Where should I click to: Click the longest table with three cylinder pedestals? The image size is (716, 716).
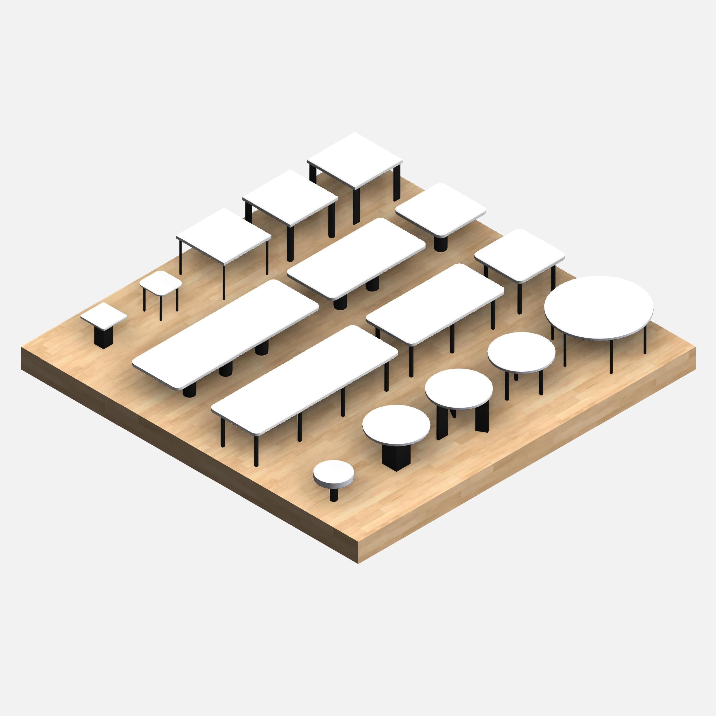[225, 334]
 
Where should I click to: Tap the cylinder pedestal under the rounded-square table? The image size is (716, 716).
[440, 243]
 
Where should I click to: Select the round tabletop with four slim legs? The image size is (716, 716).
[521, 352]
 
